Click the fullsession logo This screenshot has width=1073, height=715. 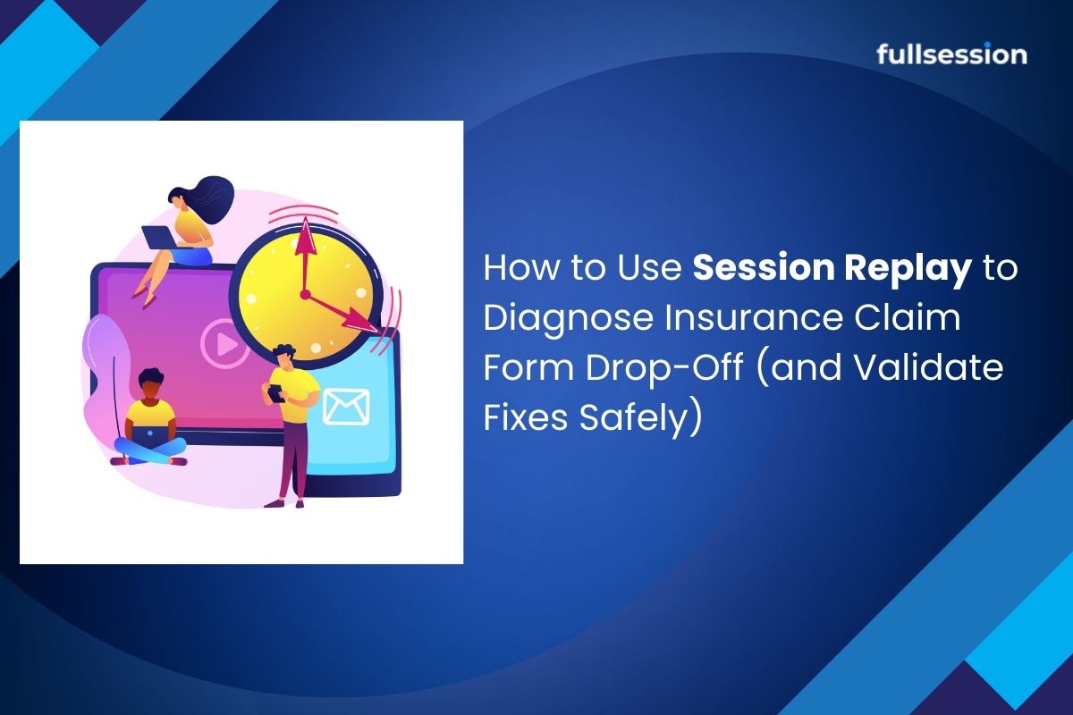click(x=951, y=55)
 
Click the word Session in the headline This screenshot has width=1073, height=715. click(x=764, y=268)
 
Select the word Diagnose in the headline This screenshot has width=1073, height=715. click(x=569, y=320)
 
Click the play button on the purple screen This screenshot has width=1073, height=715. click(x=224, y=343)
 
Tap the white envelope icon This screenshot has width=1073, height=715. click(x=346, y=407)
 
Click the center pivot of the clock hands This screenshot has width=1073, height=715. click(x=305, y=295)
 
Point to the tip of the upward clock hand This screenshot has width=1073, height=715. click(x=305, y=218)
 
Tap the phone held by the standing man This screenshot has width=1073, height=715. click(x=276, y=393)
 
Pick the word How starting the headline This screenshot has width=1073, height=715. click(x=519, y=268)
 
